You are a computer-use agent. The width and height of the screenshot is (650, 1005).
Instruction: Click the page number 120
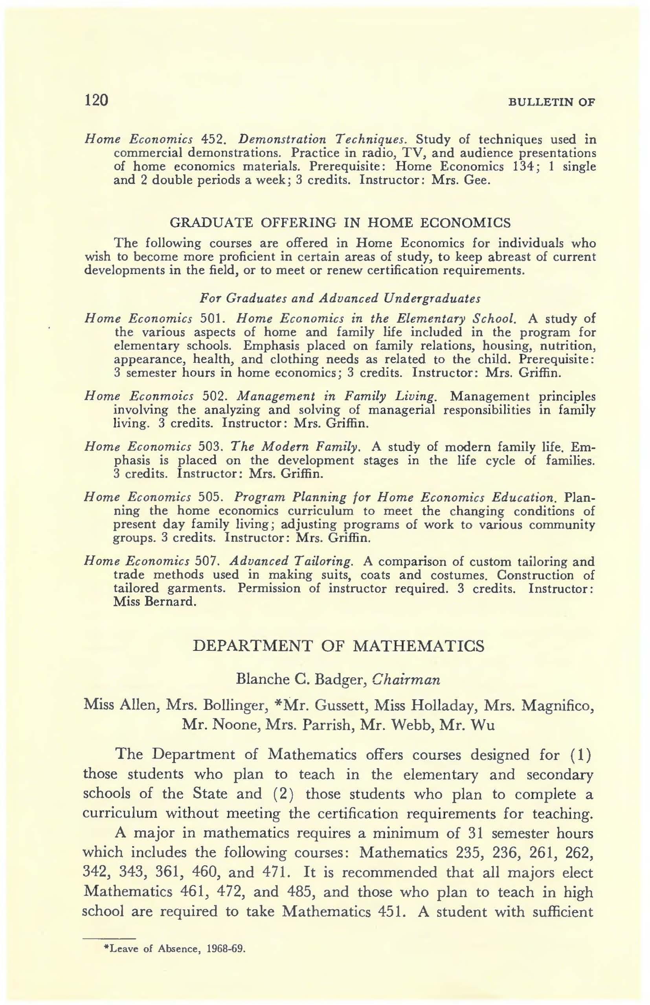97,100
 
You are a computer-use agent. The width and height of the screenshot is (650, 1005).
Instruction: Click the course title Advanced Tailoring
292,561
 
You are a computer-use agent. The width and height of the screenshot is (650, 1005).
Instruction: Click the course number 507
207,561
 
